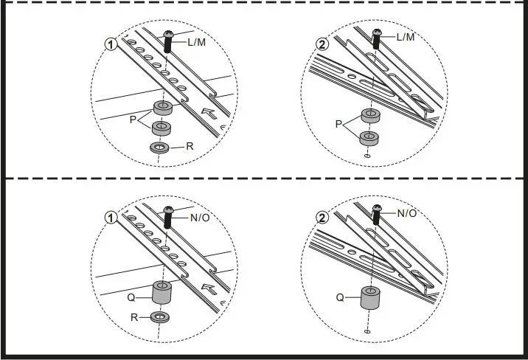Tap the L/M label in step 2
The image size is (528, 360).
click(x=406, y=37)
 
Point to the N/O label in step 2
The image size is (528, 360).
click(x=408, y=213)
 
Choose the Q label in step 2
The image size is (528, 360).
click(x=340, y=298)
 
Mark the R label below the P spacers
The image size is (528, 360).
click(x=190, y=147)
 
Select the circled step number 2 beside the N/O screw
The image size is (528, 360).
click(x=322, y=218)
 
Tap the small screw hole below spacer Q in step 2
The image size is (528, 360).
click(x=367, y=332)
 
